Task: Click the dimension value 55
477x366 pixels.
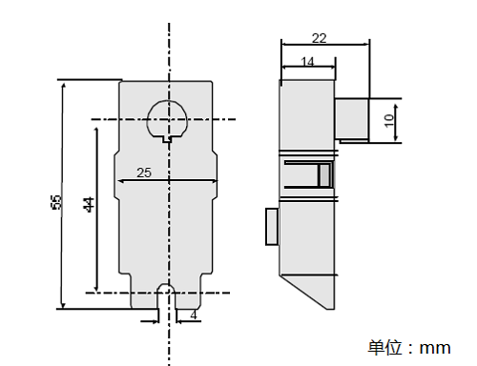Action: click(x=56, y=202)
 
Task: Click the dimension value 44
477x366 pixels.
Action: click(x=90, y=204)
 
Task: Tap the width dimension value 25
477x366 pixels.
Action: click(x=144, y=173)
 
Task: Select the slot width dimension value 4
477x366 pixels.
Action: click(x=194, y=315)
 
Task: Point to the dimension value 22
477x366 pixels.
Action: click(x=319, y=38)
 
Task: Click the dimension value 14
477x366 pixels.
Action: click(x=307, y=62)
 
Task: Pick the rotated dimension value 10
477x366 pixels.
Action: click(x=388, y=121)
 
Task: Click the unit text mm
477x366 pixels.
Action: click(x=435, y=348)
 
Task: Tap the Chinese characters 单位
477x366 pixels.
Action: click(x=385, y=347)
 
